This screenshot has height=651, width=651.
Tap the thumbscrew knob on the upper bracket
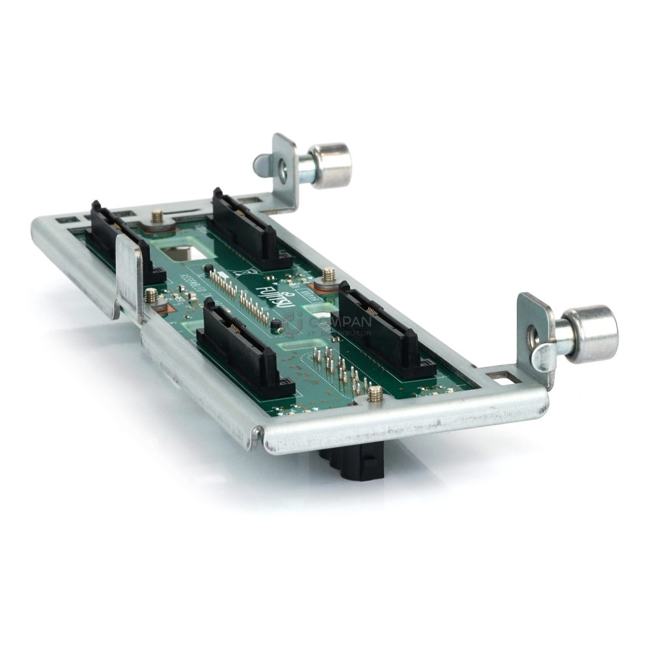click(x=330, y=165)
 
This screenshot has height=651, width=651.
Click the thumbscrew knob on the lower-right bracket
click(x=590, y=334)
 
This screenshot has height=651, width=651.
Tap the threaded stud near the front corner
click(x=375, y=393)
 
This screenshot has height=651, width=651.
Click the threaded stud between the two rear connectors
click(x=157, y=217)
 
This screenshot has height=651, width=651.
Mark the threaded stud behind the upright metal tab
click(x=151, y=296)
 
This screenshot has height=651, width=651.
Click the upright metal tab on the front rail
click(x=129, y=273)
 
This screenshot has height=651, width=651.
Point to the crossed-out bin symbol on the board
click(x=238, y=272)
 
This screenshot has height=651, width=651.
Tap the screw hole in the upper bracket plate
click(x=281, y=173)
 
